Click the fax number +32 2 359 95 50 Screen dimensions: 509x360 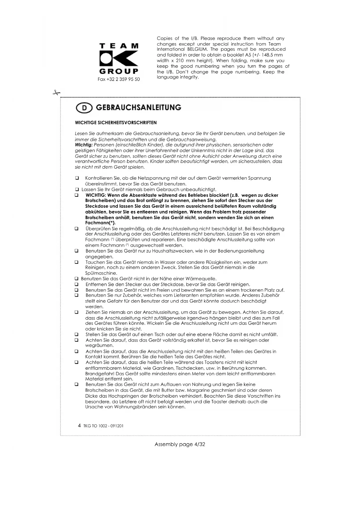click(119, 79)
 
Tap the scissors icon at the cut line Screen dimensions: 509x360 click(56, 93)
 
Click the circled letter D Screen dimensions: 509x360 click(84, 108)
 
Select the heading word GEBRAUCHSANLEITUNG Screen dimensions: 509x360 click(138, 108)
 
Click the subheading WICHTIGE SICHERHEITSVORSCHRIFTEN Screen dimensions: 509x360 click(116, 123)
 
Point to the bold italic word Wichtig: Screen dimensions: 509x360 click(84, 145)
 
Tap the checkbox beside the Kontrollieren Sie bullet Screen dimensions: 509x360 click(77, 178)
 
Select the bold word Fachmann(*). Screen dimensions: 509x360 click(100, 223)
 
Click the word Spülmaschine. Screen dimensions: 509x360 click(101, 273)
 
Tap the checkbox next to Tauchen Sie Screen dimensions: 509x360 click(77, 262)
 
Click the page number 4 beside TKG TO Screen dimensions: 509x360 click(79, 426)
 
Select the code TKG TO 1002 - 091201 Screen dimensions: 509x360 click(103, 426)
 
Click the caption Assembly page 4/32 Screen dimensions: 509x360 click(180, 444)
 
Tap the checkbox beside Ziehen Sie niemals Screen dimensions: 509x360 click(77, 313)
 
